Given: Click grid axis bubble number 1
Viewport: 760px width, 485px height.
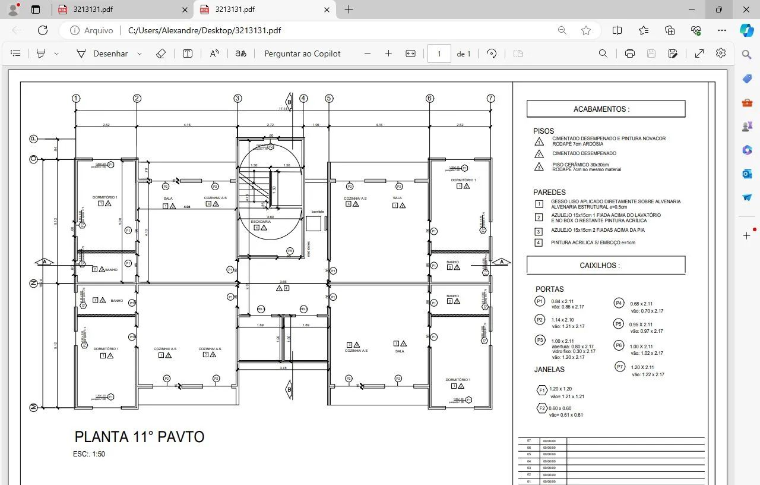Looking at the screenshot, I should tap(75, 98).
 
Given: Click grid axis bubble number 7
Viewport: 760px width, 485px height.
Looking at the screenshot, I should tap(490, 98).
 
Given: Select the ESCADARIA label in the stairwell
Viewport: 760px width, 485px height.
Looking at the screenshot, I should tap(261, 222).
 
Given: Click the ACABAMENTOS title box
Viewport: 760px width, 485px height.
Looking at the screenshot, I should tap(606, 109).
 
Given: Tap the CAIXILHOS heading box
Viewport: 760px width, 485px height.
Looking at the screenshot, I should tap(606, 265).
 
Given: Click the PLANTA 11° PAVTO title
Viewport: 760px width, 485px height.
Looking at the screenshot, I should tap(139, 437).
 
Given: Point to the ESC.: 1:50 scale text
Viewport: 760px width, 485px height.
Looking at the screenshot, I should tap(89, 454).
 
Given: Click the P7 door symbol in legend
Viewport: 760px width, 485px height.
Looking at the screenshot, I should tap(620, 367).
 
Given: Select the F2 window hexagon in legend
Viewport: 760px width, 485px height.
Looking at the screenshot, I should tap(541, 408).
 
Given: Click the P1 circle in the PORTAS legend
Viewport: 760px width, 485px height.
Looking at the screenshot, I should tap(540, 301).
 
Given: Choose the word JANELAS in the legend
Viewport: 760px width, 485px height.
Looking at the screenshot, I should tap(549, 369).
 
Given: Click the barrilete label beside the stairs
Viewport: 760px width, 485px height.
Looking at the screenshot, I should tap(318, 212).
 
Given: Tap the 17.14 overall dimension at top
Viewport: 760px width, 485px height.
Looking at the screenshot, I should tap(283, 109).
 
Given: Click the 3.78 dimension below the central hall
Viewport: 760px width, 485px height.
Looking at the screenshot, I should tap(283, 368).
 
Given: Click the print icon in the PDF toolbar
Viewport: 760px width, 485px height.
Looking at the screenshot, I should tap(629, 53).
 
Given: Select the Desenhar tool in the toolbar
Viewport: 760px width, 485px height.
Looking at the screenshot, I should tap(102, 53).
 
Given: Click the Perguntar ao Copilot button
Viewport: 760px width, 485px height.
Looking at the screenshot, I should tap(302, 53).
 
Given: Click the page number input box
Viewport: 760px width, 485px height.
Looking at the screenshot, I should tap(439, 53).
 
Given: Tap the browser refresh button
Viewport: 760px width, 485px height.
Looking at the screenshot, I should tap(43, 30).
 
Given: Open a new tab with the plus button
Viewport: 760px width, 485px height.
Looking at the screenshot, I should tap(349, 10).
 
